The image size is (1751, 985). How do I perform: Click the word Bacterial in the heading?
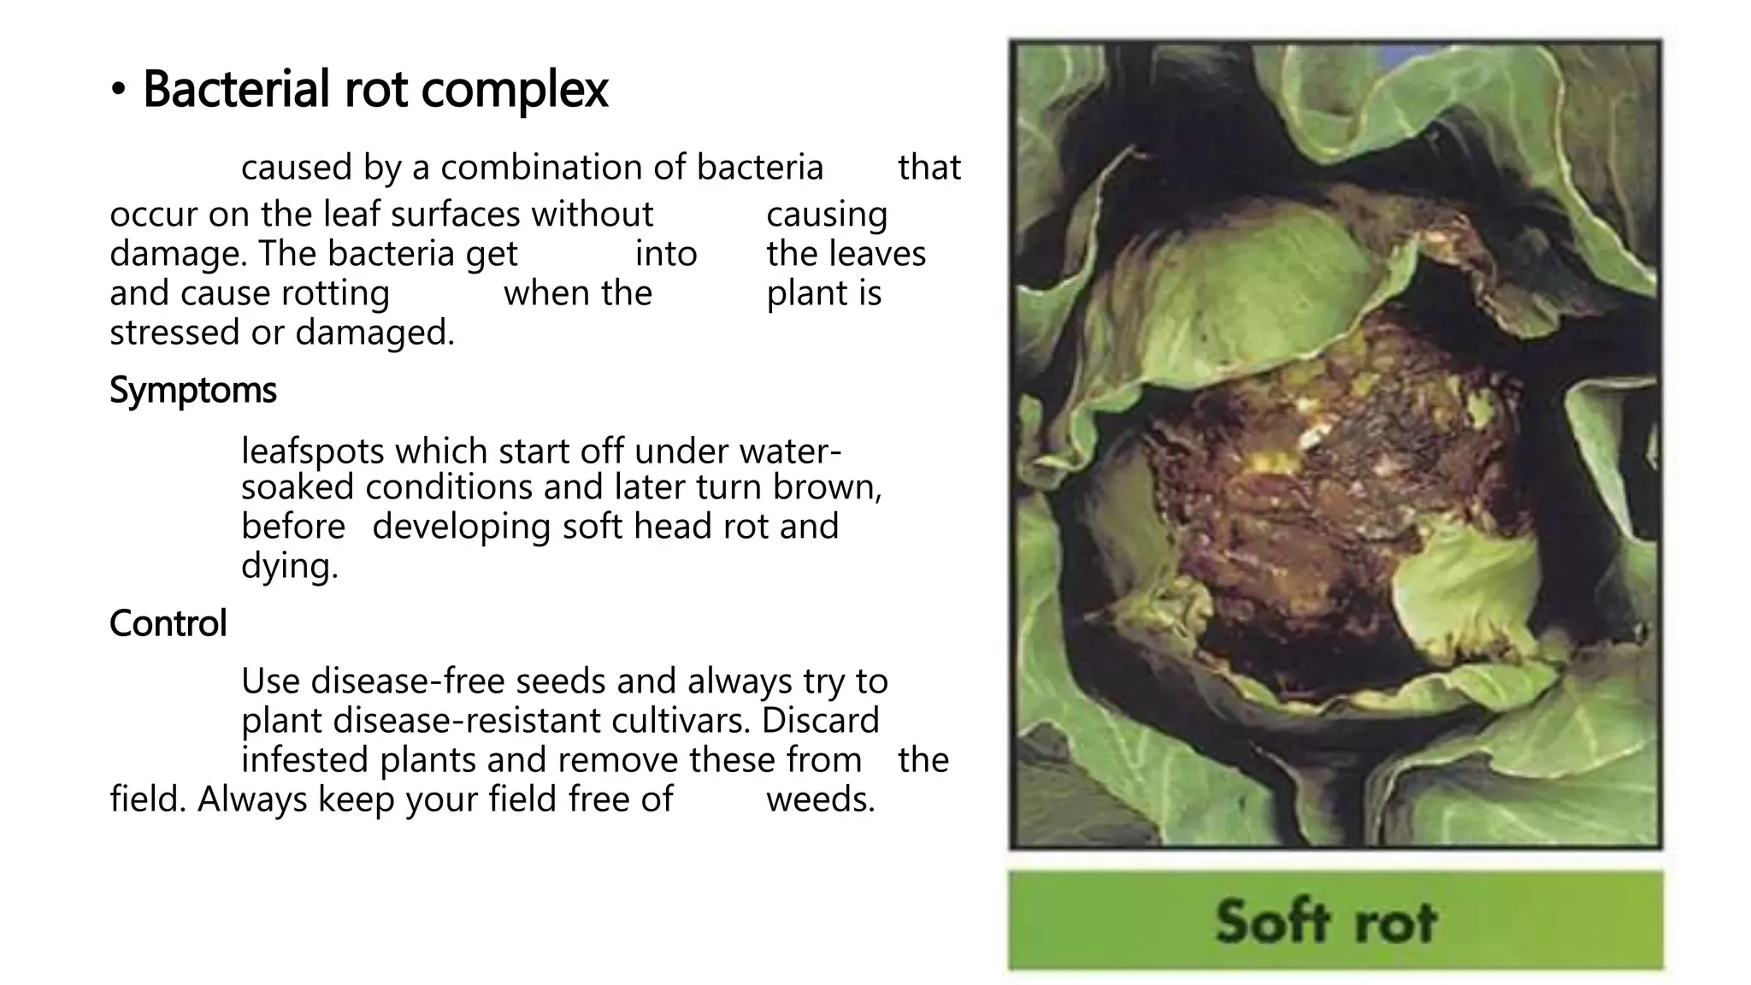click(236, 88)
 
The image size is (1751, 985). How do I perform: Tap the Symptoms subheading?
click(193, 392)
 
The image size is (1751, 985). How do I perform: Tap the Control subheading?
click(168, 623)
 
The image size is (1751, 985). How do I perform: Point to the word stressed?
click(174, 333)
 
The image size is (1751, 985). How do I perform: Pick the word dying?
click(290, 566)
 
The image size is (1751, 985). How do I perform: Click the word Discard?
click(820, 721)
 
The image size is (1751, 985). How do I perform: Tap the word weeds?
click(821, 799)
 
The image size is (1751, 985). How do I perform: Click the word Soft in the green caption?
click(1273, 922)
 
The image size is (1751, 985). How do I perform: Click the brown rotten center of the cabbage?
click(1325, 479)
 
